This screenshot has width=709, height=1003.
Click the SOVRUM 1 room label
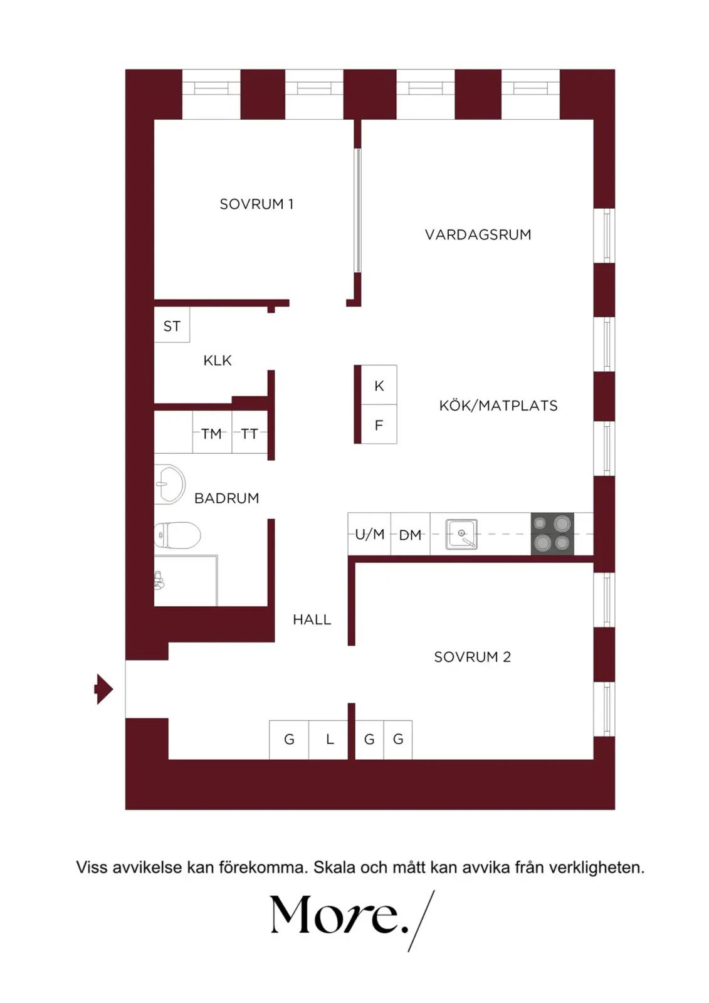256,204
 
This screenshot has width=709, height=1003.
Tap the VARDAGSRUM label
478,234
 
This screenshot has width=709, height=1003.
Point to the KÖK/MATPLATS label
498,405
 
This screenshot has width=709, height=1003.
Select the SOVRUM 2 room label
472,657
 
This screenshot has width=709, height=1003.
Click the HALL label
312,620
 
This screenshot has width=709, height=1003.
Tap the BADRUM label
227,498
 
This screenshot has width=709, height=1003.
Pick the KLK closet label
218,360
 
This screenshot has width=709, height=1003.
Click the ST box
172,325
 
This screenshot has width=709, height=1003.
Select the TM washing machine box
213,432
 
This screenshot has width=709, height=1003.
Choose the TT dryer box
250,432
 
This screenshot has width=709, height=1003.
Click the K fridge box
379,385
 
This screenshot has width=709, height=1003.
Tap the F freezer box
379,424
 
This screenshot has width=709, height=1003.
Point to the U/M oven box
369,534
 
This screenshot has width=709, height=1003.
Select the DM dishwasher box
410,534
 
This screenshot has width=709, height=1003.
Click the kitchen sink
461,534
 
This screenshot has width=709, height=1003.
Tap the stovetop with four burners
552,534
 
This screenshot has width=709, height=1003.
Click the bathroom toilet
177,535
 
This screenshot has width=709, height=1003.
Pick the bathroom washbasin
170,484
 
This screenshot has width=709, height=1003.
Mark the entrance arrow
103,689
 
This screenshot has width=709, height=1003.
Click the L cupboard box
328,740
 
